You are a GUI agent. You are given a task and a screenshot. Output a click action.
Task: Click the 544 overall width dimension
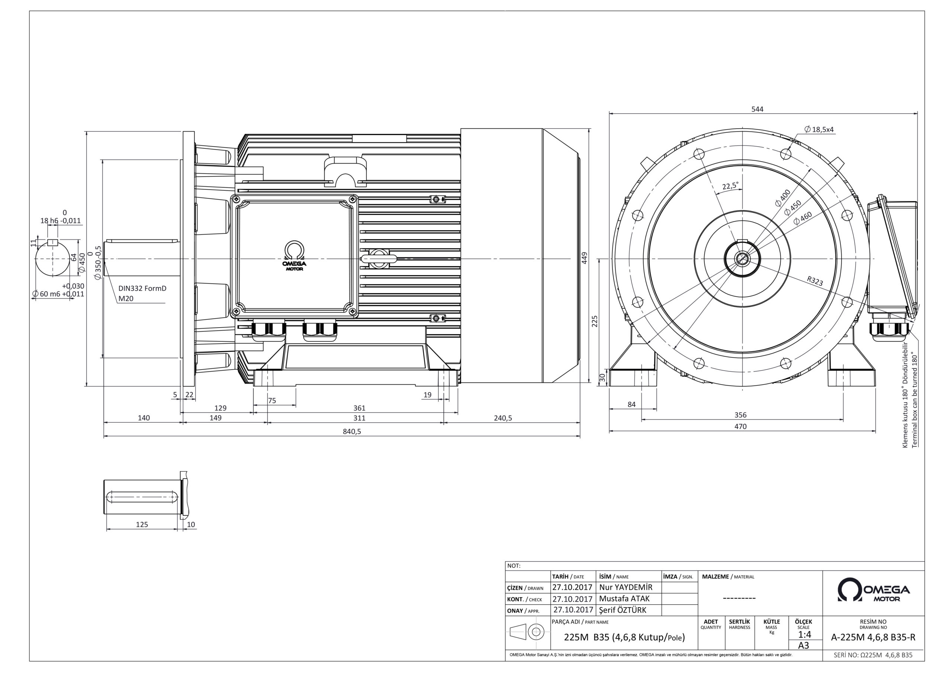click(x=757, y=109)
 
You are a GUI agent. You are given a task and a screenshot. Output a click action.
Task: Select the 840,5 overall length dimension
click(x=352, y=431)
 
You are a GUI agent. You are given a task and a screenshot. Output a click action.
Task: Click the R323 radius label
click(x=815, y=281)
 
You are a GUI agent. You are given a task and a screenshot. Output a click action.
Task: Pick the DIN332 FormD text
click(x=142, y=288)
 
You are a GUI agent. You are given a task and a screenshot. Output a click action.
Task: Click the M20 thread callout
click(x=126, y=299)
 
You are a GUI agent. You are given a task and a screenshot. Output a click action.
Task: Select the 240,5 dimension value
click(x=502, y=418)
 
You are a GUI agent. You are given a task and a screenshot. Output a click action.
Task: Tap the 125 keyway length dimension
click(x=142, y=525)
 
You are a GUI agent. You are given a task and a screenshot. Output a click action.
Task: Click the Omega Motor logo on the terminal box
click(x=295, y=256)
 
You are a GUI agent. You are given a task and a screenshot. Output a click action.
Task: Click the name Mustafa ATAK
click(x=624, y=599)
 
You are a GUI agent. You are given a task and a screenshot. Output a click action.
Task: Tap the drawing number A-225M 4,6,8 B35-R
click(x=873, y=638)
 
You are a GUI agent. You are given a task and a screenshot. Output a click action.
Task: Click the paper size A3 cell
click(x=804, y=645)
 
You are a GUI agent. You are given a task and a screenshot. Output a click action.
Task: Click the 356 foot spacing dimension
click(x=740, y=415)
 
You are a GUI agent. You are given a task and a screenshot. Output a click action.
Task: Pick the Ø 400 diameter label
click(x=782, y=198)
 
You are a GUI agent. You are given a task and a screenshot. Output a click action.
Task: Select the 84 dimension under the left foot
click(x=631, y=404)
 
